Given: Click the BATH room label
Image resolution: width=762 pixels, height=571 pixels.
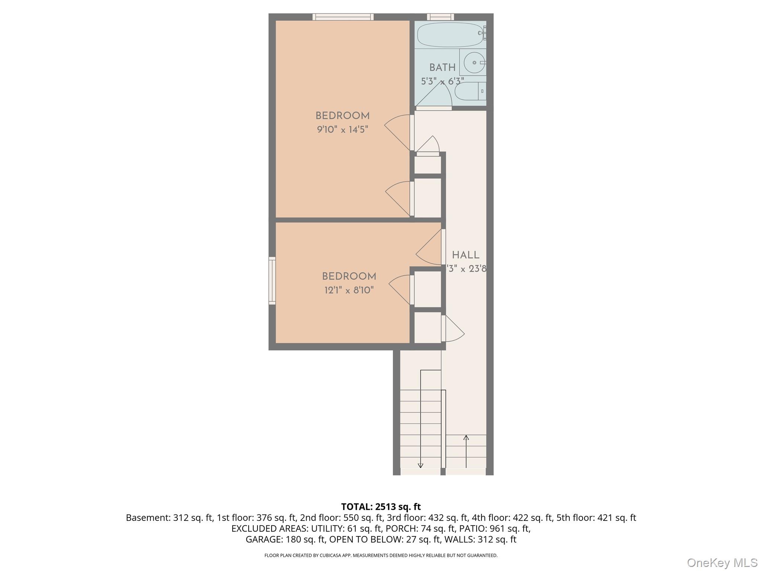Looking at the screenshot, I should (x=442, y=67).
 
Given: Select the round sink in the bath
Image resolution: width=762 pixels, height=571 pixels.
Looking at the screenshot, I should (x=474, y=62).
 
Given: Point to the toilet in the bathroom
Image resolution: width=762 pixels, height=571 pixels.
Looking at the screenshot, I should (x=470, y=91).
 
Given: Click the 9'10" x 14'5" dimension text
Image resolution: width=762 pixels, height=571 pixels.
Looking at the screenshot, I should (x=342, y=129).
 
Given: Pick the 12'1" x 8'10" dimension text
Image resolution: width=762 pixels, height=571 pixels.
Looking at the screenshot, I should (x=349, y=290).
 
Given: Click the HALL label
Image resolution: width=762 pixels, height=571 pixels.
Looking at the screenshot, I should (x=465, y=255).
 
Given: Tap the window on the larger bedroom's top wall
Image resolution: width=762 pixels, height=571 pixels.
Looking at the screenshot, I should (x=343, y=17).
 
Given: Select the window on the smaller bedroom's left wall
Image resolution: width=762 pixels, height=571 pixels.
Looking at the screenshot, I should (x=272, y=281).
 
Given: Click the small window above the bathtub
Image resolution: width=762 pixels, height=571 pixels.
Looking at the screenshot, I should (x=440, y=17).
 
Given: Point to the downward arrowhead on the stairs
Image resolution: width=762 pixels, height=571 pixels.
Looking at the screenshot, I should (x=420, y=465).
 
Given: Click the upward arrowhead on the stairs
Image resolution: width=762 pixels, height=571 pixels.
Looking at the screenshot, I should (x=466, y=438).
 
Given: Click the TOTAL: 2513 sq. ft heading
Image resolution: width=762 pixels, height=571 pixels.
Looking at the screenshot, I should (x=381, y=507).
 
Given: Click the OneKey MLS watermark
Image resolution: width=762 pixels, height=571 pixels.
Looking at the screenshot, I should (x=722, y=562).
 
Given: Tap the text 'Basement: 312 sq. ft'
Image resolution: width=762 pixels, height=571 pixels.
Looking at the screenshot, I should (x=169, y=517).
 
